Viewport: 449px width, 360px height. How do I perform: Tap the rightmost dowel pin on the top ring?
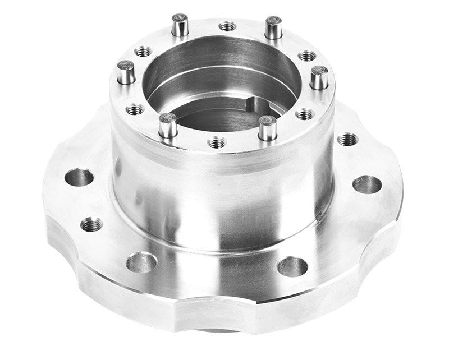319,78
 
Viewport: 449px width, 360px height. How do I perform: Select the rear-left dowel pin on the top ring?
180,26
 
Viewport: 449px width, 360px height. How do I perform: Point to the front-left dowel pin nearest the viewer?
167,126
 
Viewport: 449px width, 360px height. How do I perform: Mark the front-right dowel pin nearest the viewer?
267,128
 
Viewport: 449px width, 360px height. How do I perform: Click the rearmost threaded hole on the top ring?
227,26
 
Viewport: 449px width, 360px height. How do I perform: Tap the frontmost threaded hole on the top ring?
217,142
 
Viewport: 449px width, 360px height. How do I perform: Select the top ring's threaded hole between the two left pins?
135,109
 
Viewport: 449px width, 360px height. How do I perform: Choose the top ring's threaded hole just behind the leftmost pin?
143,52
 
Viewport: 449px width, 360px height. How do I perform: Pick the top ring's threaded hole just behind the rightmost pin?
307,56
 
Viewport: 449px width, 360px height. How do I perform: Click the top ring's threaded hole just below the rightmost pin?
305,114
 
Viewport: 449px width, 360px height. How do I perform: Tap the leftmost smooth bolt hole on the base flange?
79,178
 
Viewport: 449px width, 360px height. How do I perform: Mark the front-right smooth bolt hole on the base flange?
292,266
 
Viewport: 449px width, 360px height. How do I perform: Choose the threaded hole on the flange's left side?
91,225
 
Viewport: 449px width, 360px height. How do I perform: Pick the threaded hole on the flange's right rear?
348,139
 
